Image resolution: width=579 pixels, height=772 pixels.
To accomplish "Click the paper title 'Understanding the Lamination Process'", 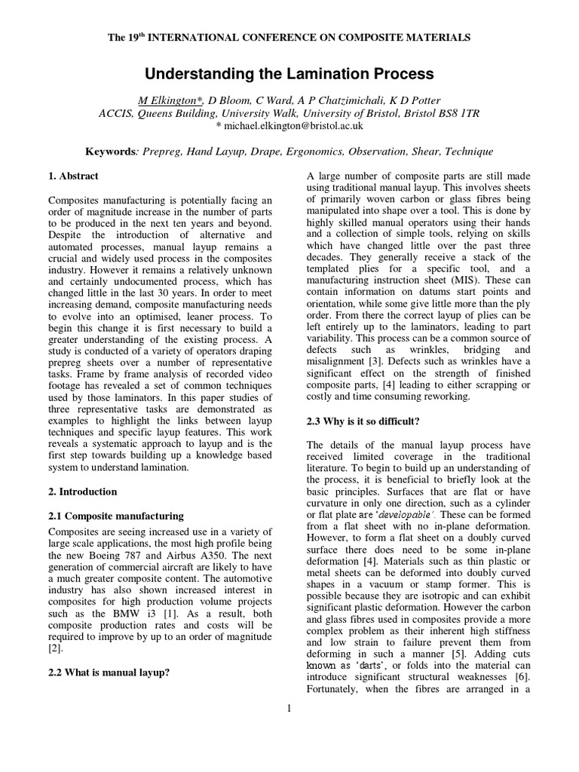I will click(289, 74).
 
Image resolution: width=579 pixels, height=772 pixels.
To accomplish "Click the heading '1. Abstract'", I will click(73, 176).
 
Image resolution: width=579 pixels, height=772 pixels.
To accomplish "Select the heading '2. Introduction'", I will click(82, 492).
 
